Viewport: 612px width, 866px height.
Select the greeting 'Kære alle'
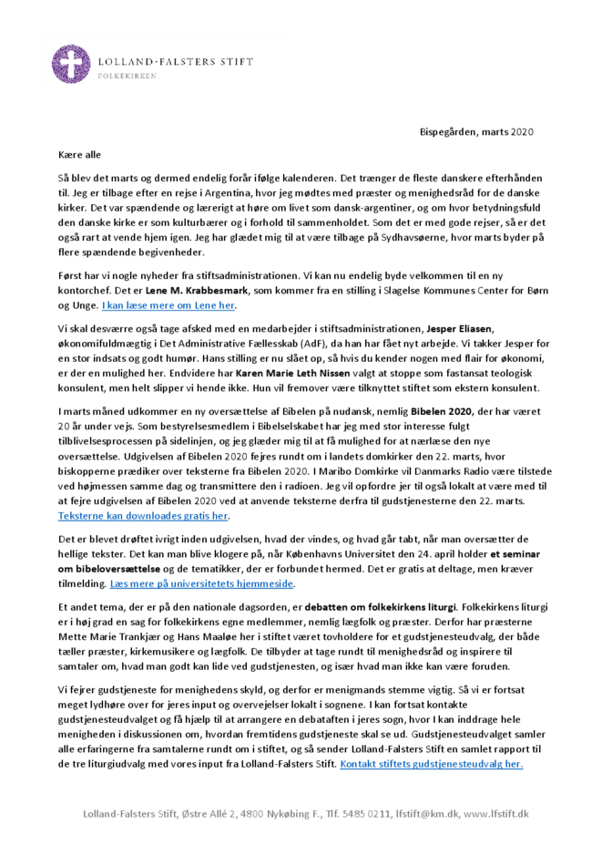pos(80,156)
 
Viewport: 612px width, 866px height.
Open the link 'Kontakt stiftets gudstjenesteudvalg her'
pos(431,763)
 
